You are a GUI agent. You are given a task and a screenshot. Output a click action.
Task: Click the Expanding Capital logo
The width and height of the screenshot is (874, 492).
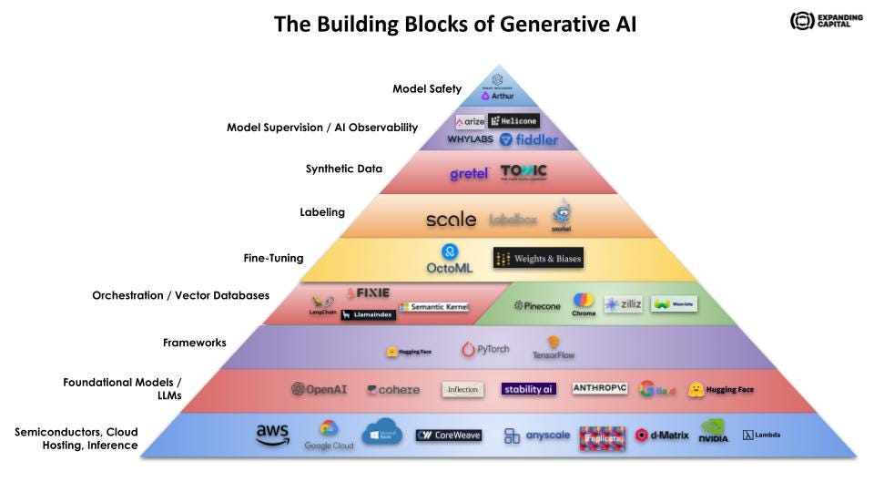point(825,21)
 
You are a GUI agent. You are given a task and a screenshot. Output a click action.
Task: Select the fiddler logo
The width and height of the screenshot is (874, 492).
point(529,139)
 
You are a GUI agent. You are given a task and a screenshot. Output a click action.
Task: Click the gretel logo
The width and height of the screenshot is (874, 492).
point(470,173)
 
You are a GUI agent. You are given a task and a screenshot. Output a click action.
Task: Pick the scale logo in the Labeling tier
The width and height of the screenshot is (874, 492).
point(451,219)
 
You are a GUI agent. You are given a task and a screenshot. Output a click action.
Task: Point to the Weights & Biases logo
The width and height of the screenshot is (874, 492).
point(537,259)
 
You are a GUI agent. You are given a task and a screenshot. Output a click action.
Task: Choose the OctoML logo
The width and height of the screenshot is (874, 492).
point(450,260)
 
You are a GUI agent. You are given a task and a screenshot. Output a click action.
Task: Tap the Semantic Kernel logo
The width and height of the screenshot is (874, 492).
point(434,307)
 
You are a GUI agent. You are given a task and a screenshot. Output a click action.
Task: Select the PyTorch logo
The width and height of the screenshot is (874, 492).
point(485,349)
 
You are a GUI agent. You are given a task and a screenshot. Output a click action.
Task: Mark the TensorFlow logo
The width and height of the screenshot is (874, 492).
point(554,349)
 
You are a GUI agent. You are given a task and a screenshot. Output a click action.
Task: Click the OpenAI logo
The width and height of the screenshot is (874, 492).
point(319,389)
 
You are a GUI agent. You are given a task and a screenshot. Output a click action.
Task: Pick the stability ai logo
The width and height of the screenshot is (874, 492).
point(528,389)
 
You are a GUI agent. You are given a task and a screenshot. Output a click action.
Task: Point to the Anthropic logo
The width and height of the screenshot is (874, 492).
point(600,388)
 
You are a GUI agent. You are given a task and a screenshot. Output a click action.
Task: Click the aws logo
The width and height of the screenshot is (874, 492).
point(272,436)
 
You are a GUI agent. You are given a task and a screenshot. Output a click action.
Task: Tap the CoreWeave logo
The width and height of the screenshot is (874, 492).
point(448,436)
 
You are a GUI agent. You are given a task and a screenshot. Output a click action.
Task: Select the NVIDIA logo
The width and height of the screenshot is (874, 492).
point(714,432)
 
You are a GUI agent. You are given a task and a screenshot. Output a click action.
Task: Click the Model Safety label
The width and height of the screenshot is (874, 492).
point(427,89)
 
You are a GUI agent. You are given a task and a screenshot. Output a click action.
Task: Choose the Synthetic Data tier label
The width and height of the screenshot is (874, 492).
point(344,169)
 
